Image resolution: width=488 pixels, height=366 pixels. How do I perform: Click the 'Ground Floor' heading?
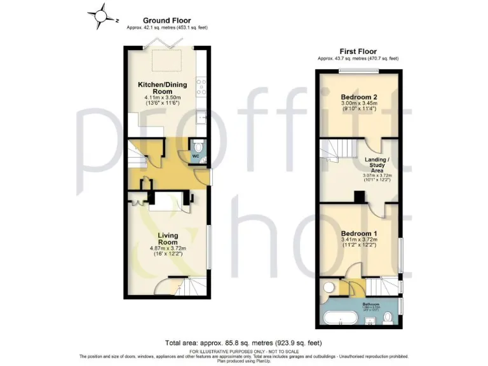166,21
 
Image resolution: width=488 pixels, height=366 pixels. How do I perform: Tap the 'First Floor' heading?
358,51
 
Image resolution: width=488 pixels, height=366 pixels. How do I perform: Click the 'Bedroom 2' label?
358,97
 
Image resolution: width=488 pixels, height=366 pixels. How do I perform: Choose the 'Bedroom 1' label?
358,233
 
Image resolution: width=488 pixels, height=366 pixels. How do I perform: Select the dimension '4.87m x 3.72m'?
166,248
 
